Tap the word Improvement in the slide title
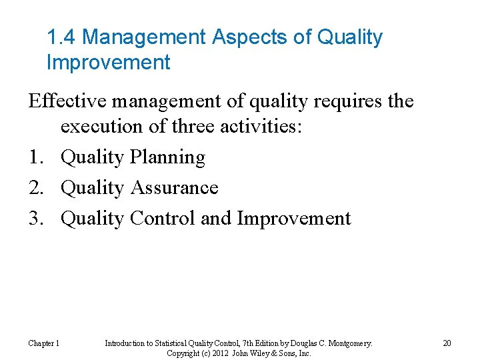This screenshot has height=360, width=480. [x=109, y=63]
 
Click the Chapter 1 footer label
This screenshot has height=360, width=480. [x=43, y=343]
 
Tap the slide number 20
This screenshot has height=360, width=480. [x=447, y=343]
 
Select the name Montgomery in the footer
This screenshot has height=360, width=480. [x=347, y=343]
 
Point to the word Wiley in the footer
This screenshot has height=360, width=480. [x=257, y=353]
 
